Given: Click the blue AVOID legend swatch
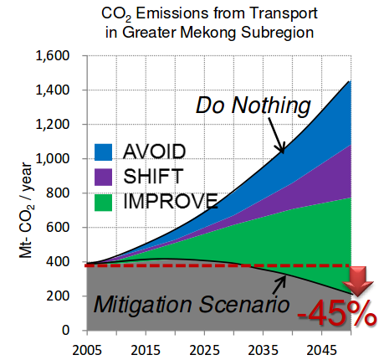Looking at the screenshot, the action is [x=103, y=152].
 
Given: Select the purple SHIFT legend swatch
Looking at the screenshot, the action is [x=103, y=177].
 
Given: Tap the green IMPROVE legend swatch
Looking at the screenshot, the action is [x=103, y=203].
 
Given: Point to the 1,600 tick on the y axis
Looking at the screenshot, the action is [x=53, y=56].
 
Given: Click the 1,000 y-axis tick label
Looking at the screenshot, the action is [x=53, y=159].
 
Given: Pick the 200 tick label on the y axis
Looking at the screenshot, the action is [x=58, y=296].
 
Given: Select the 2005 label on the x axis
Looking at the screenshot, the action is [x=87, y=350].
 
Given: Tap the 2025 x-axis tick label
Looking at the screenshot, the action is [x=204, y=350].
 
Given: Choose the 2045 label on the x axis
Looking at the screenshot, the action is [x=321, y=350].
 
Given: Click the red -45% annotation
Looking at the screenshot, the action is [x=337, y=313].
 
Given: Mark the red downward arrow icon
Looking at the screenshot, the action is [x=358, y=281].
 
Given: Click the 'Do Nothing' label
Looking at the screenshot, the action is [x=253, y=105].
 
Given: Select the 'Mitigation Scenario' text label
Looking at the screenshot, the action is [x=192, y=304].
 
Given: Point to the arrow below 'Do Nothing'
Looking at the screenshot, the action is [x=276, y=136].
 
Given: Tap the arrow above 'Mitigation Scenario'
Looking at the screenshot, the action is [x=279, y=285].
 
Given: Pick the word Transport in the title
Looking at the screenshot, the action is [x=284, y=13].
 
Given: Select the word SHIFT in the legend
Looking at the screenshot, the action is [x=153, y=177].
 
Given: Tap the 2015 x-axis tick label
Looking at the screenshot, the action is [x=146, y=350].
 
